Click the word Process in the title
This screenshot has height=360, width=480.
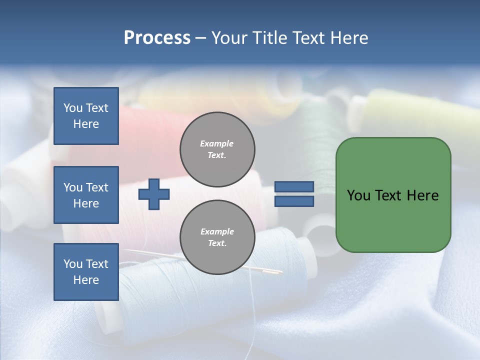(x=157, y=38)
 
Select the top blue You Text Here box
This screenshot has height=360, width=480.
(x=86, y=116)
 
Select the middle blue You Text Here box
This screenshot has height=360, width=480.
(x=86, y=195)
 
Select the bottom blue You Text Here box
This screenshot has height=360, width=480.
(x=86, y=272)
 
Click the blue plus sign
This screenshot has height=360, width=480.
(x=154, y=194)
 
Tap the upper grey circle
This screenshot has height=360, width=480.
(x=217, y=149)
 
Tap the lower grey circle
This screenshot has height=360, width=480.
(x=217, y=237)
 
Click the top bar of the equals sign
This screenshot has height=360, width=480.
(x=294, y=187)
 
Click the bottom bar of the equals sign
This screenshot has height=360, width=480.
(x=294, y=201)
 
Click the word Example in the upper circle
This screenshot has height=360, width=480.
(x=216, y=144)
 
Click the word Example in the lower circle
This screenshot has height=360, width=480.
(x=217, y=232)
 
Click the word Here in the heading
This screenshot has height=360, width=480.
(x=348, y=38)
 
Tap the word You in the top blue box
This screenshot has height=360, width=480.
(x=72, y=108)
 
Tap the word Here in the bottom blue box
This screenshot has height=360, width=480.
(x=86, y=280)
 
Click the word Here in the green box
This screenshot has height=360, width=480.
(x=422, y=195)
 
